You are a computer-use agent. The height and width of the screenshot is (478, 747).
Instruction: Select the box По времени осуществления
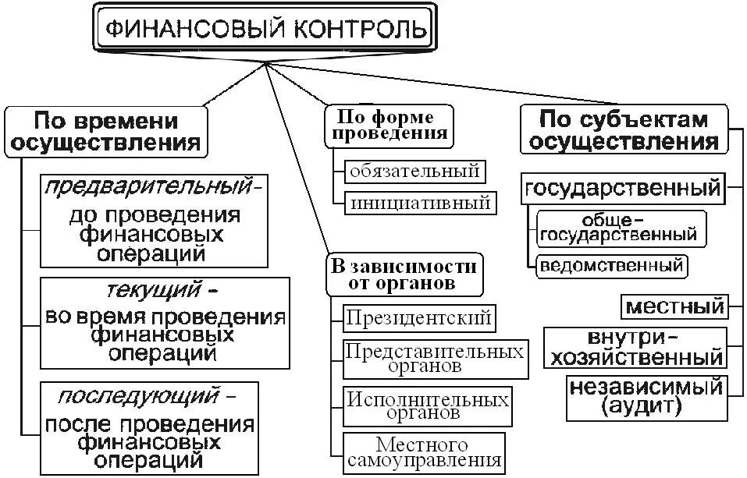(106, 132)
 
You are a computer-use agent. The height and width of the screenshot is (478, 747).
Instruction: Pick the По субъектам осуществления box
(624, 130)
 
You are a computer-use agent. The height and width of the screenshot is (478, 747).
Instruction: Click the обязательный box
(414, 169)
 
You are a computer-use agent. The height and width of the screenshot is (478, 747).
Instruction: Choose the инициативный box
(420, 203)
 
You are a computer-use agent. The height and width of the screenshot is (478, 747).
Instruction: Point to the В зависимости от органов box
(404, 274)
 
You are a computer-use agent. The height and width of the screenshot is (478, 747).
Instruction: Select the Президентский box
(419, 317)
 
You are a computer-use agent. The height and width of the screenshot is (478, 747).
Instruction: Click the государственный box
(622, 188)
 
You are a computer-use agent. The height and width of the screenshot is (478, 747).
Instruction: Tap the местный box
(675, 306)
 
